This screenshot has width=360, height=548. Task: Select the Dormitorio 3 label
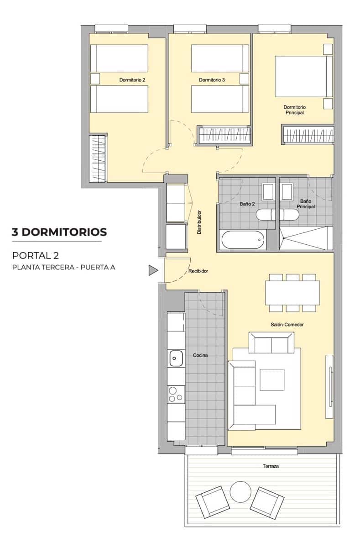(212, 80)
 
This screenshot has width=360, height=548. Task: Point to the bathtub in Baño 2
(242, 240)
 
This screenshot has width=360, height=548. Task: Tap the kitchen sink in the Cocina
(176, 358)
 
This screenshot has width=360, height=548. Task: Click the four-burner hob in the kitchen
(176, 394)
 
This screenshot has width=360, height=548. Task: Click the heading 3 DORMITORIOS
(59, 232)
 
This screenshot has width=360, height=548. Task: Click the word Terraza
(271, 466)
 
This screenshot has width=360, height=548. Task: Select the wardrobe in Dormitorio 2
(97, 158)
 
